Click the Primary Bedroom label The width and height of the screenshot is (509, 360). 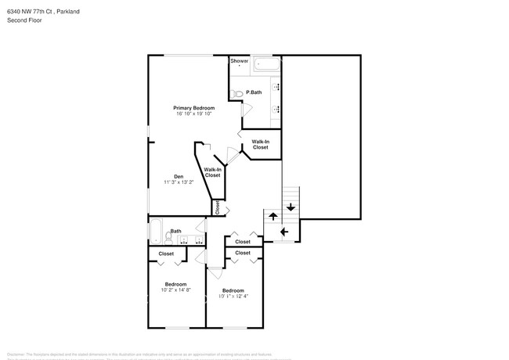click(193, 108)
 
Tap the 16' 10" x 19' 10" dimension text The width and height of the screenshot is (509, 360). click(193, 114)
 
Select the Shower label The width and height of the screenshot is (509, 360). click(239, 60)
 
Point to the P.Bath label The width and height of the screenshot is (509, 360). click(254, 93)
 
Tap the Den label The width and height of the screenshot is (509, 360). click(179, 176)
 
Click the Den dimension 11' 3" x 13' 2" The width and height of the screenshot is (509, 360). click(179, 182)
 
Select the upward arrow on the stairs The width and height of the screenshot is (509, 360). click(273, 215)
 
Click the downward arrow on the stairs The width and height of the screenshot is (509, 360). click(291, 207)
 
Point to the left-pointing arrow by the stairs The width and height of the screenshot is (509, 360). click(284, 232)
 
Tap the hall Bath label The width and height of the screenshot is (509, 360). click(176, 231)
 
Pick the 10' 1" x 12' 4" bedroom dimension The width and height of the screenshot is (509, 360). click(233, 296)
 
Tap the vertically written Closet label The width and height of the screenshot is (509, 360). click(218, 207)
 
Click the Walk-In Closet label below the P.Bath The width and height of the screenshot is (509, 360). click(260, 145)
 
